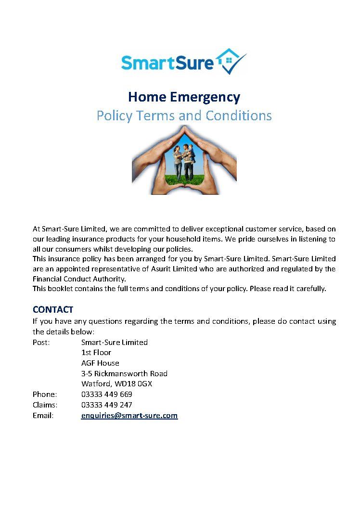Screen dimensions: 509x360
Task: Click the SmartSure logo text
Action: [x=166, y=63]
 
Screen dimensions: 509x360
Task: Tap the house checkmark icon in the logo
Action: [x=231, y=61]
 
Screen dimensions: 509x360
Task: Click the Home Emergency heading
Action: [x=184, y=97]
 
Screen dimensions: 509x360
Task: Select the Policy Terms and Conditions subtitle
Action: [x=184, y=116]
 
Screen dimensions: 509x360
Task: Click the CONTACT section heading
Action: [x=53, y=309]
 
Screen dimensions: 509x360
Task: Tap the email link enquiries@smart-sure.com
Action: [x=129, y=415]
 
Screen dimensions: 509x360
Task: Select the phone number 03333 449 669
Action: [x=107, y=394]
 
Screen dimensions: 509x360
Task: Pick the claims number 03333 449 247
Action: [x=107, y=405]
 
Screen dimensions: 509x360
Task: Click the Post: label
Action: [x=41, y=342]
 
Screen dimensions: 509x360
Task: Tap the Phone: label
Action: [x=45, y=394]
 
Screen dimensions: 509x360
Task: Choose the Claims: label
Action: [x=45, y=405]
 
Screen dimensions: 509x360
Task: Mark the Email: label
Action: [x=43, y=415]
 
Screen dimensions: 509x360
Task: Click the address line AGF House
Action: [x=100, y=363]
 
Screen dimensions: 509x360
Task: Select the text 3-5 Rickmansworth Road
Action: [x=124, y=373]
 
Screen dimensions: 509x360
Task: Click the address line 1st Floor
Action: [x=96, y=353]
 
